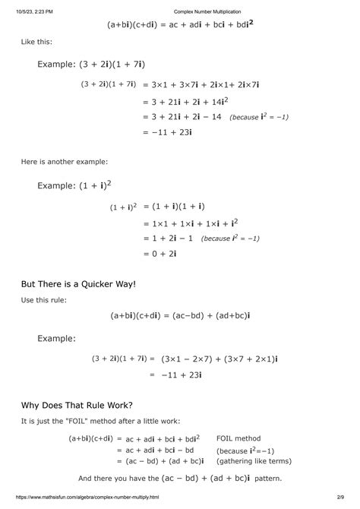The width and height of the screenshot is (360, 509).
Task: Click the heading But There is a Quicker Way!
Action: click(78, 284)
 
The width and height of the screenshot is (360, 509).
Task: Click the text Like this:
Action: click(36, 43)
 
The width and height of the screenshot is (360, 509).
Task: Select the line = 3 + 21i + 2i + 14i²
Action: click(187, 101)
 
